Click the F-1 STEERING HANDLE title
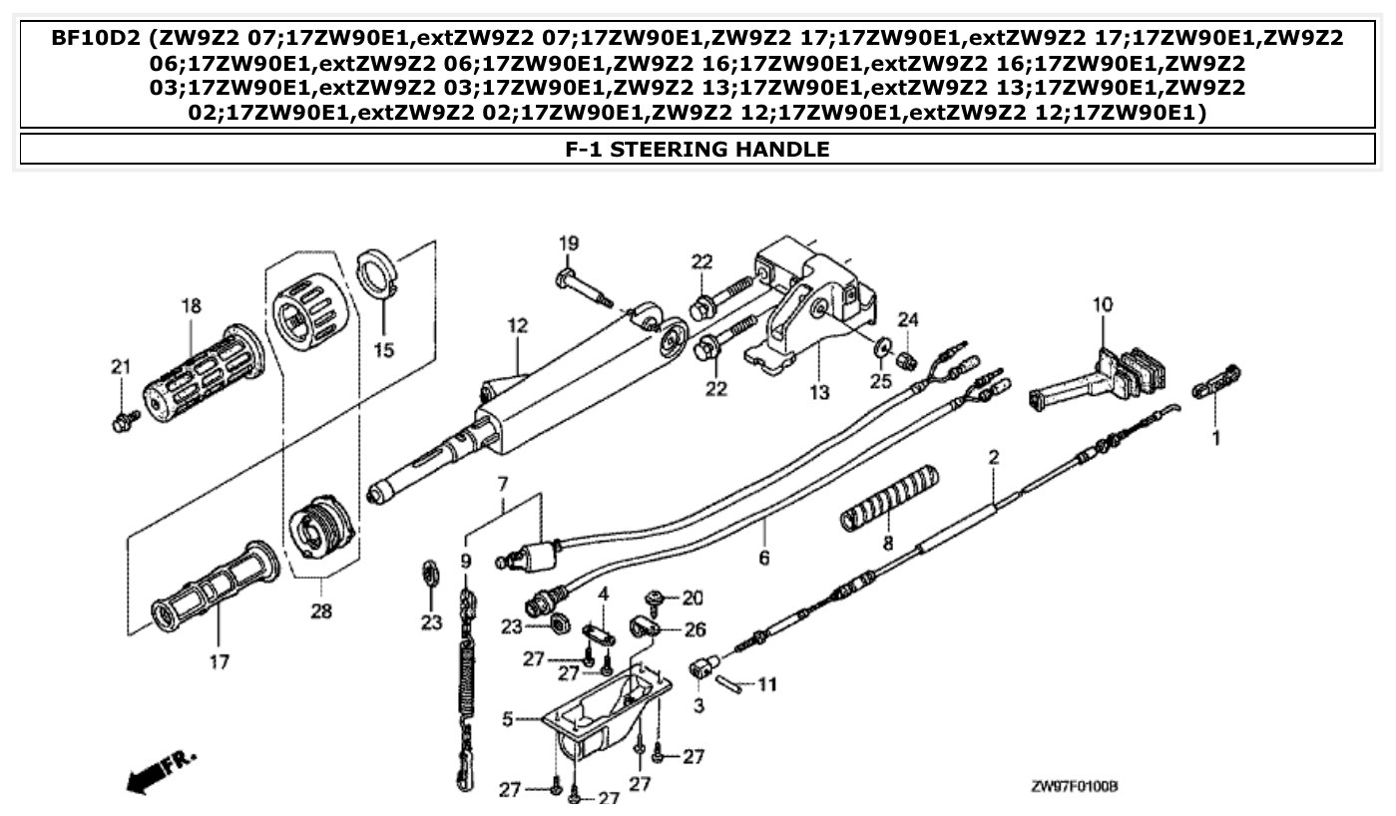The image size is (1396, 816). coord(697,150)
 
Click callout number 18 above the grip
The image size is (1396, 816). coord(192,305)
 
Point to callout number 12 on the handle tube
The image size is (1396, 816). coord(516,325)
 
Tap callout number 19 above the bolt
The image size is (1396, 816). coord(568,243)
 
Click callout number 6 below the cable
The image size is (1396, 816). coord(764,558)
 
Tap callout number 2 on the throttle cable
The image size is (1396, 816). coord(994,458)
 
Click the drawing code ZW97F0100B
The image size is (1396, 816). coord(1074,787)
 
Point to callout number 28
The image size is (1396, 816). coord(320,610)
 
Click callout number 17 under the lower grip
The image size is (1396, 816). coord(219,660)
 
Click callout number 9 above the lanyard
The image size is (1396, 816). coord(465,562)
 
